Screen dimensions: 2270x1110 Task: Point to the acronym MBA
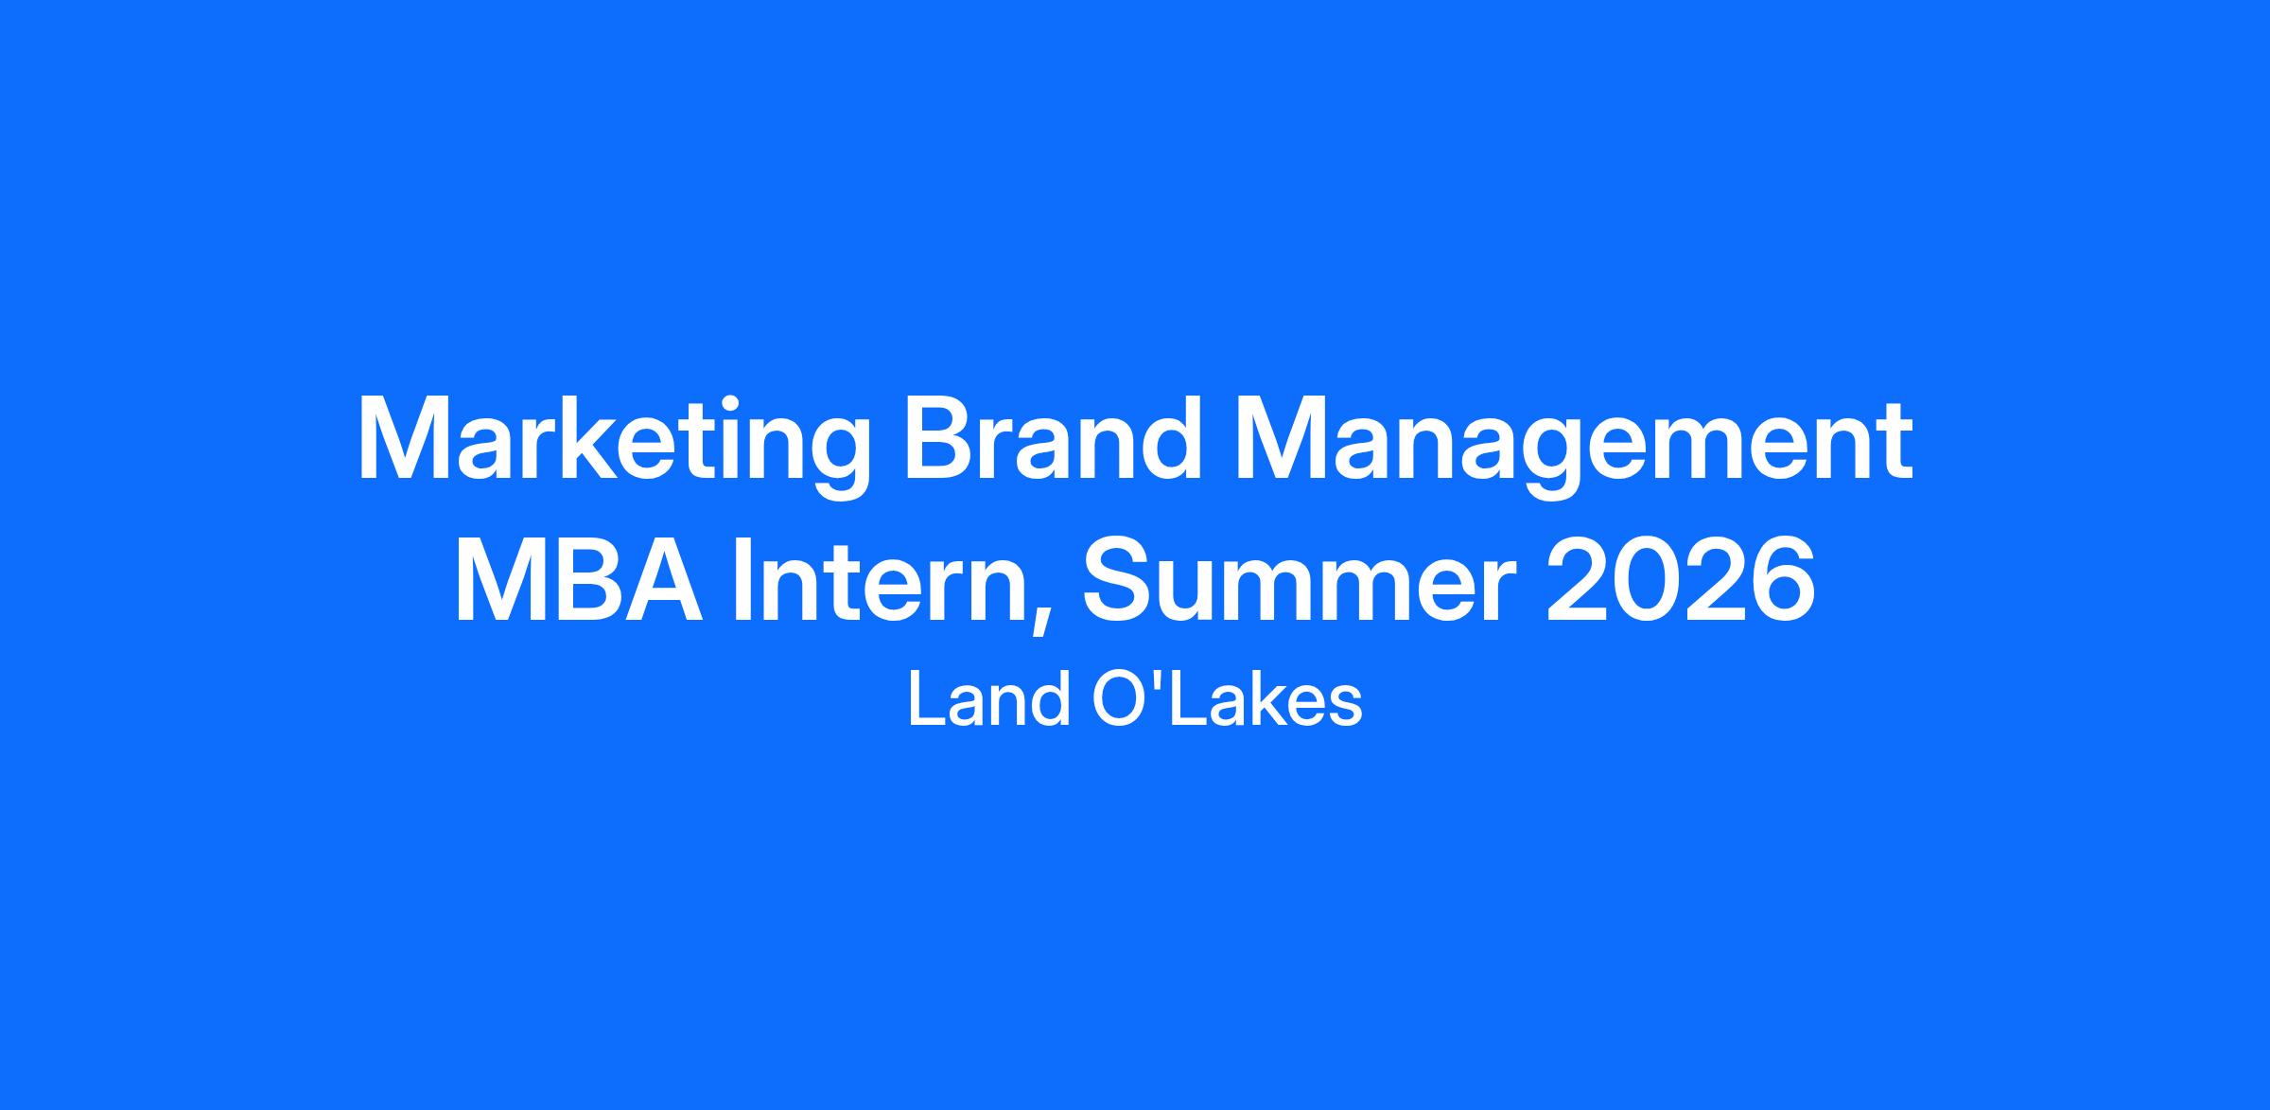coord(579,579)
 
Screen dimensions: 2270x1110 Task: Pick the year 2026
coord(1680,579)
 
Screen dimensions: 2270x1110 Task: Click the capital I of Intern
coord(745,580)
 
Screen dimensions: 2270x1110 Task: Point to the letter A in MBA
coord(667,580)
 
